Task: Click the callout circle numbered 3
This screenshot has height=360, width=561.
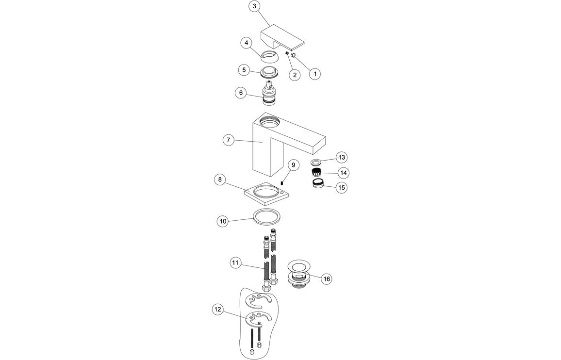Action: (x=255, y=6)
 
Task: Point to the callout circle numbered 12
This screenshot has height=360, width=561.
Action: (x=218, y=309)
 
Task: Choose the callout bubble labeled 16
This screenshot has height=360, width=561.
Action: (x=327, y=279)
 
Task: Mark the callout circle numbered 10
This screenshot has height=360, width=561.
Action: (x=223, y=221)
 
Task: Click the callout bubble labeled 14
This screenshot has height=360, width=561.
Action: (x=344, y=172)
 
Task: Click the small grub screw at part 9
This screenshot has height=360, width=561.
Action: (x=281, y=182)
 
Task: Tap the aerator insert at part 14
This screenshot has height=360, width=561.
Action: (x=317, y=172)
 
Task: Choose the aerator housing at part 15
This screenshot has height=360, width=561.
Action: (x=318, y=184)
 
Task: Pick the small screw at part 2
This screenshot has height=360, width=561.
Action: (x=287, y=54)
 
